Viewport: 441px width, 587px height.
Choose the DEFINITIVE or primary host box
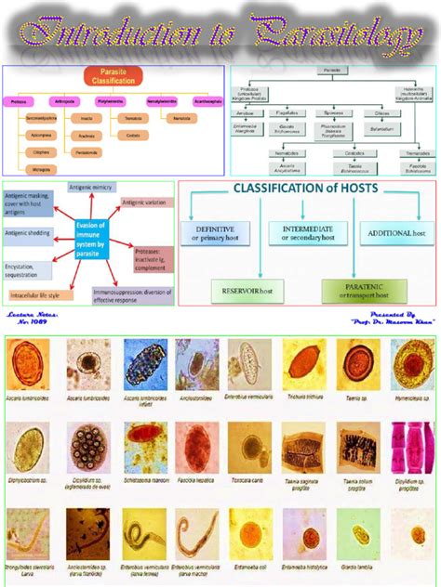[213, 232]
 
